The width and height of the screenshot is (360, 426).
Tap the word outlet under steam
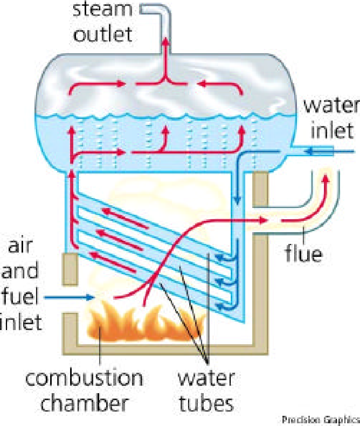coord(103,34)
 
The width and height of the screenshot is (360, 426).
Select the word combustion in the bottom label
coord(84,379)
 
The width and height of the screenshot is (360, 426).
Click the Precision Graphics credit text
coord(320,420)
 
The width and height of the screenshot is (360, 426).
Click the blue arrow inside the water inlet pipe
coord(313,151)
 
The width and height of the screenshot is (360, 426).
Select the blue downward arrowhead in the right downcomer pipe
coord(237,200)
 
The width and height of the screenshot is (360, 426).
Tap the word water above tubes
coord(206,379)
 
